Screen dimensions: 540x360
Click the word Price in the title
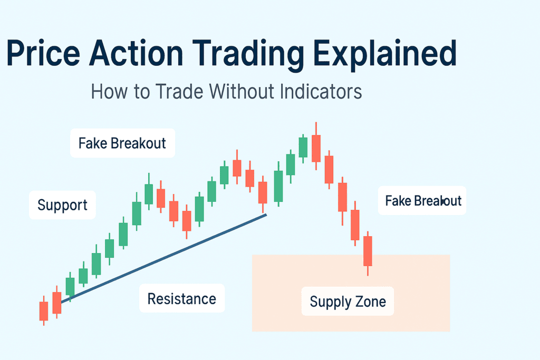click(43, 53)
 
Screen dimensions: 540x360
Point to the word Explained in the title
click(384, 55)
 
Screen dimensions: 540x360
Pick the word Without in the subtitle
click(242, 92)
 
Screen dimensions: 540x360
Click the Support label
click(62, 205)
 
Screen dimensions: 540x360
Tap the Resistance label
click(182, 298)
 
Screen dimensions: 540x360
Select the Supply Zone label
click(348, 301)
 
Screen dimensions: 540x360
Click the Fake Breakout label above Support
click(122, 143)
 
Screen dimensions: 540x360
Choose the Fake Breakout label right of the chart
click(422, 201)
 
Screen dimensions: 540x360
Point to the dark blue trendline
click(163, 258)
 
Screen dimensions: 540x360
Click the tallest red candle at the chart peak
click(316, 147)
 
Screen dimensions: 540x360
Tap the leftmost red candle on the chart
click(44, 311)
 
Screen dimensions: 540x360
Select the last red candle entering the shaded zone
click(368, 253)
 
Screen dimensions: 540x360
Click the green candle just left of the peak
click(303, 148)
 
